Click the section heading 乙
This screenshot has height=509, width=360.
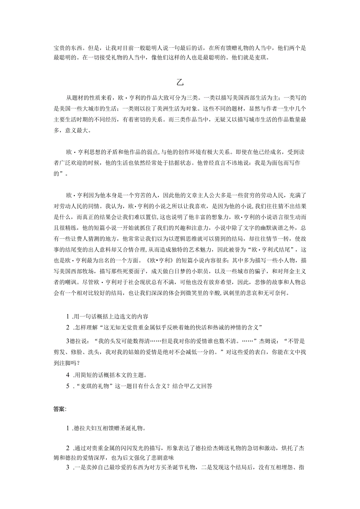[180, 83]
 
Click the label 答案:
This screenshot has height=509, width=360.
[60, 409]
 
